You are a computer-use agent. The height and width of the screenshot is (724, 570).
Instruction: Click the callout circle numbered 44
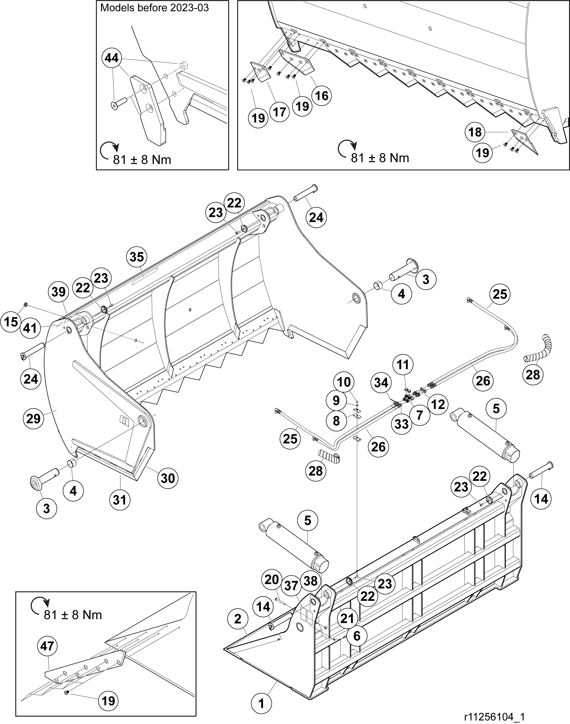112,58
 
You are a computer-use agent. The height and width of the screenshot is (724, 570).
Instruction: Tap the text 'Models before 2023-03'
154,8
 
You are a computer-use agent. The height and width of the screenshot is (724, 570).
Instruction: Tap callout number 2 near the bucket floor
238,619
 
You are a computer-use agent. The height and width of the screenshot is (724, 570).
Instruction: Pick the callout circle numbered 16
322,96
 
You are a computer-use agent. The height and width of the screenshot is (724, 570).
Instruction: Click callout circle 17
280,112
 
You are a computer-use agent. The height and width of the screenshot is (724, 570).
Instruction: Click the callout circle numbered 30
168,478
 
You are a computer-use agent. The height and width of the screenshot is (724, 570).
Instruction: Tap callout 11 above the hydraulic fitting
403,365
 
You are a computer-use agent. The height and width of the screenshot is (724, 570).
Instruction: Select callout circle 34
381,383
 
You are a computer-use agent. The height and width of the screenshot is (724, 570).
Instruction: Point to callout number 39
59,292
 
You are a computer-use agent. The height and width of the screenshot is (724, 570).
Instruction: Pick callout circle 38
311,581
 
